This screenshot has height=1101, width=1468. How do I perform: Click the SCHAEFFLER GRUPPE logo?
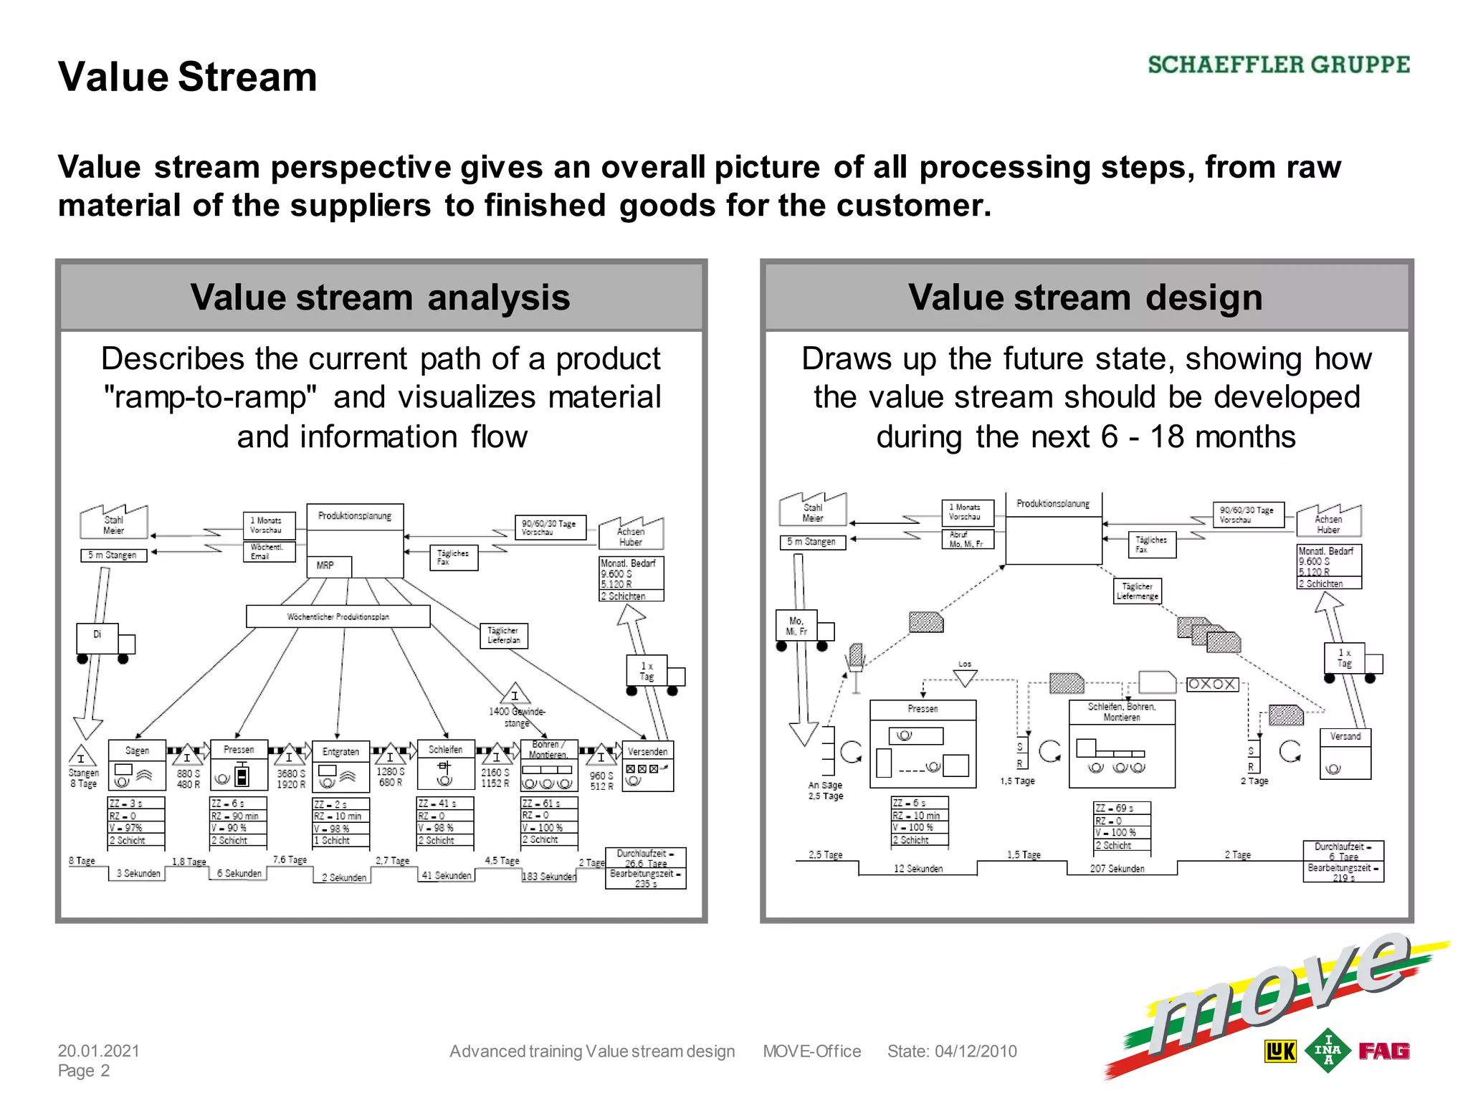click(1278, 65)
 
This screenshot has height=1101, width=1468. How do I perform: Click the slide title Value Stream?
click(187, 77)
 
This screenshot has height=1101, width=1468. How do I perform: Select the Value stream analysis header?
click(381, 297)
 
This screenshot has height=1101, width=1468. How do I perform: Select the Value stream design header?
click(1085, 297)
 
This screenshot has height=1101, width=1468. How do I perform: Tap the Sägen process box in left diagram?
click(137, 765)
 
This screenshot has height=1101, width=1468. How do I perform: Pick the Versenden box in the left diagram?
click(647, 766)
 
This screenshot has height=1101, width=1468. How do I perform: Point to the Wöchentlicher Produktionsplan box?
click(338, 616)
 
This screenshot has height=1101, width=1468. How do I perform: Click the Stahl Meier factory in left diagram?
click(114, 523)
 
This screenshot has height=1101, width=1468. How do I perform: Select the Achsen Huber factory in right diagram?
click(1328, 522)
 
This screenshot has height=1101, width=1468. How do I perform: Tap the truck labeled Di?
click(98, 637)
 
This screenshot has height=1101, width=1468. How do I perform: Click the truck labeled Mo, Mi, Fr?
click(797, 626)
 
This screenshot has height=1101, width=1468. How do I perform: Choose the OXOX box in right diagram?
click(1211, 684)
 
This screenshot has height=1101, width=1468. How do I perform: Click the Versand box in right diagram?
click(1345, 753)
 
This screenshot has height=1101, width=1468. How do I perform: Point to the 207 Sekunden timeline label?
click(1117, 868)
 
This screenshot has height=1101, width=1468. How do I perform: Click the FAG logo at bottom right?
click(1383, 1051)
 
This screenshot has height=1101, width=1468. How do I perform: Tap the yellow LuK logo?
click(1280, 1052)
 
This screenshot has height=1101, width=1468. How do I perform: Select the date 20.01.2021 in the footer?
click(99, 1051)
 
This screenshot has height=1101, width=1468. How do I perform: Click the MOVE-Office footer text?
click(811, 1051)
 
